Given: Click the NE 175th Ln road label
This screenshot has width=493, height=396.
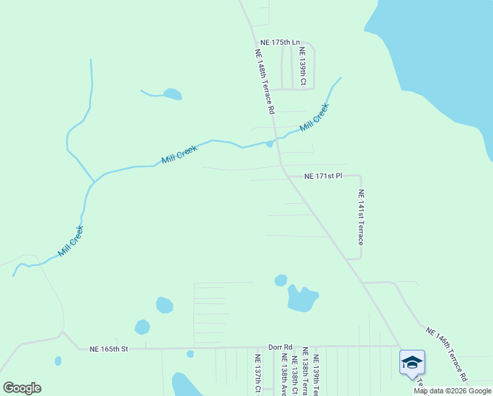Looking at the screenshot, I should pos(275,42).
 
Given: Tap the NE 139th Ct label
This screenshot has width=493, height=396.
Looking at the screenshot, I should pos(303,66).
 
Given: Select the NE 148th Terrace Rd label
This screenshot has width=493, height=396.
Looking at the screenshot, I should pos(264,82).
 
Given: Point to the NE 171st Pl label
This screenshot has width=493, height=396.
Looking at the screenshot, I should pos(323,176).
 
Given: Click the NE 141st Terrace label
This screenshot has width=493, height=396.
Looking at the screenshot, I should pos(361,216).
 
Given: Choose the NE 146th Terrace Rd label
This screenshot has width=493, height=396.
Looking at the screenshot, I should pos(446,354).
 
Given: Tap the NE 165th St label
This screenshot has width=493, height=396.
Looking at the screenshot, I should pos(108,348).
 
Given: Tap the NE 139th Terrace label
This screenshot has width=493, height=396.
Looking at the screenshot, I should pos(316,374).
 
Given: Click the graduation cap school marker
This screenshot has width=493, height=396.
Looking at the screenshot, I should pos(412,362).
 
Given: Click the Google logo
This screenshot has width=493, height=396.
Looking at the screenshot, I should pos(22,388).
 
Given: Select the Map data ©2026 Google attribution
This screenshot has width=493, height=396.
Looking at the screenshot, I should pos(452,391).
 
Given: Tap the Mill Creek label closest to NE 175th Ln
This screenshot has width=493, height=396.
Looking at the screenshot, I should pos(314,117).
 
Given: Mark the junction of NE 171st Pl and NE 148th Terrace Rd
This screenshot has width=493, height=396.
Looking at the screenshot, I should pos(285,176).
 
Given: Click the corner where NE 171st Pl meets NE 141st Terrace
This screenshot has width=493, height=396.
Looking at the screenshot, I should pos(360,176).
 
